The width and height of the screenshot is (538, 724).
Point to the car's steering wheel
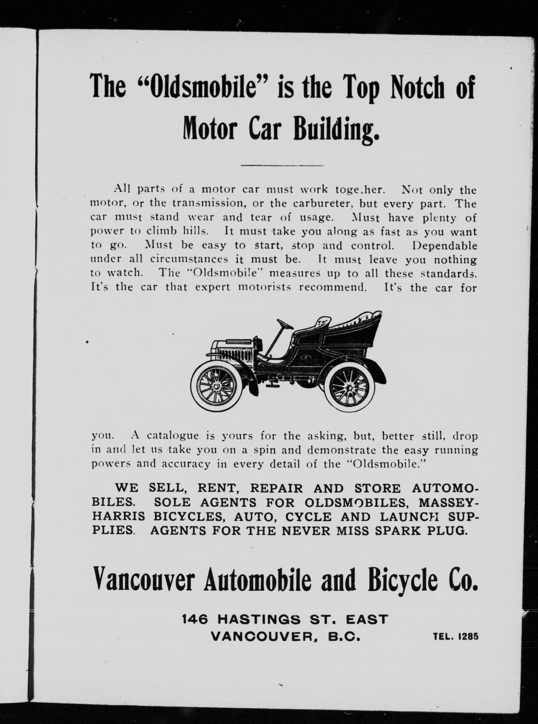tap(284, 323)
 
